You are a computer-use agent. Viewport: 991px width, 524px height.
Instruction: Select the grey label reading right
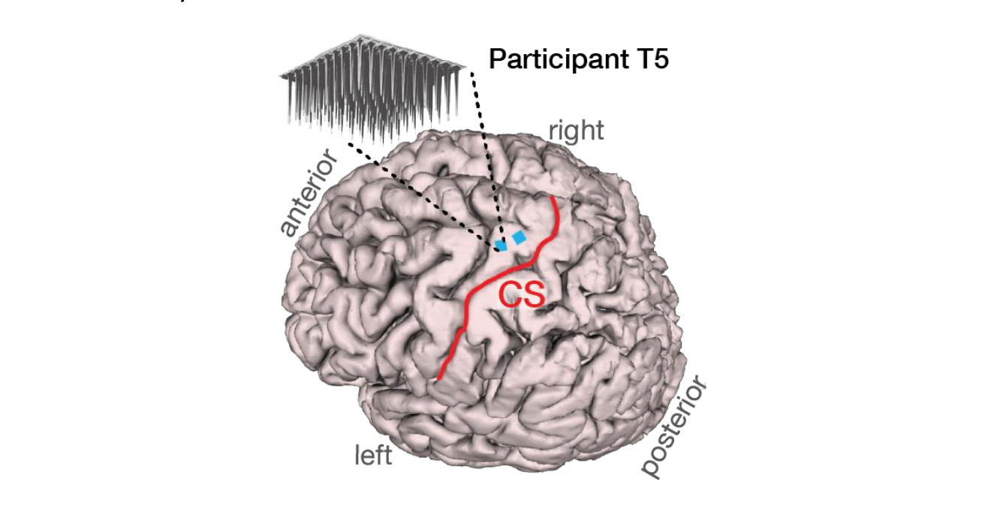click(x=576, y=131)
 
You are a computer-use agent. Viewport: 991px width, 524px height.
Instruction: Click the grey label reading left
click(x=373, y=455)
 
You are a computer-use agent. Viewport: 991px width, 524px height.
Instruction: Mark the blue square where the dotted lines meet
click(x=501, y=245)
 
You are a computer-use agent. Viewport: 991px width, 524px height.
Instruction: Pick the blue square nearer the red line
click(x=519, y=238)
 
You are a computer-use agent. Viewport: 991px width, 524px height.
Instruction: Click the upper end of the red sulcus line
click(x=554, y=198)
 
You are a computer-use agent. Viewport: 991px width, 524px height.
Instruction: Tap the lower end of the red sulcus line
click(x=438, y=378)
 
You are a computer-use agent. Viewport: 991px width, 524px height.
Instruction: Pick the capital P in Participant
click(x=496, y=59)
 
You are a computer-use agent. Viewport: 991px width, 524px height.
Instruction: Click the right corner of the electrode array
click(x=469, y=71)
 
